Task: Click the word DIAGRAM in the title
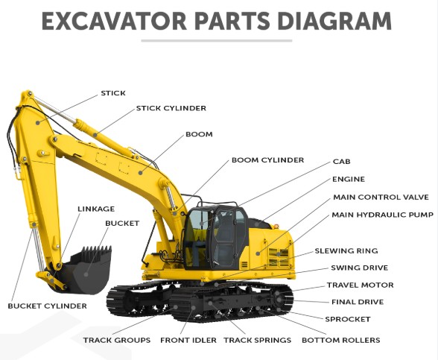(x=334, y=21)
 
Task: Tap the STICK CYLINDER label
(x=171, y=108)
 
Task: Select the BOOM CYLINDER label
(x=267, y=160)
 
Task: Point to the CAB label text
(x=341, y=162)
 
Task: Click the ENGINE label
(x=349, y=179)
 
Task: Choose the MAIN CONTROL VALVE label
(x=381, y=197)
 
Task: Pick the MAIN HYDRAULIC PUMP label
(x=382, y=215)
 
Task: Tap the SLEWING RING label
(x=346, y=250)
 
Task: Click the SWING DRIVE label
(x=359, y=268)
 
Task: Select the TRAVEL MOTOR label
(x=360, y=285)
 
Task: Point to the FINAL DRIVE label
(x=358, y=302)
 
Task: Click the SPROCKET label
(x=347, y=319)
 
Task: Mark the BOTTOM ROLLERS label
(x=341, y=340)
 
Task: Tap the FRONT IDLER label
(x=188, y=340)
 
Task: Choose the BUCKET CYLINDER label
(x=47, y=306)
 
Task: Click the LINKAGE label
(x=96, y=209)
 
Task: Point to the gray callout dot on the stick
(x=38, y=122)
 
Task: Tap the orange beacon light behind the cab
(x=276, y=226)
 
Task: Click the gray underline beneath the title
(x=217, y=41)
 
